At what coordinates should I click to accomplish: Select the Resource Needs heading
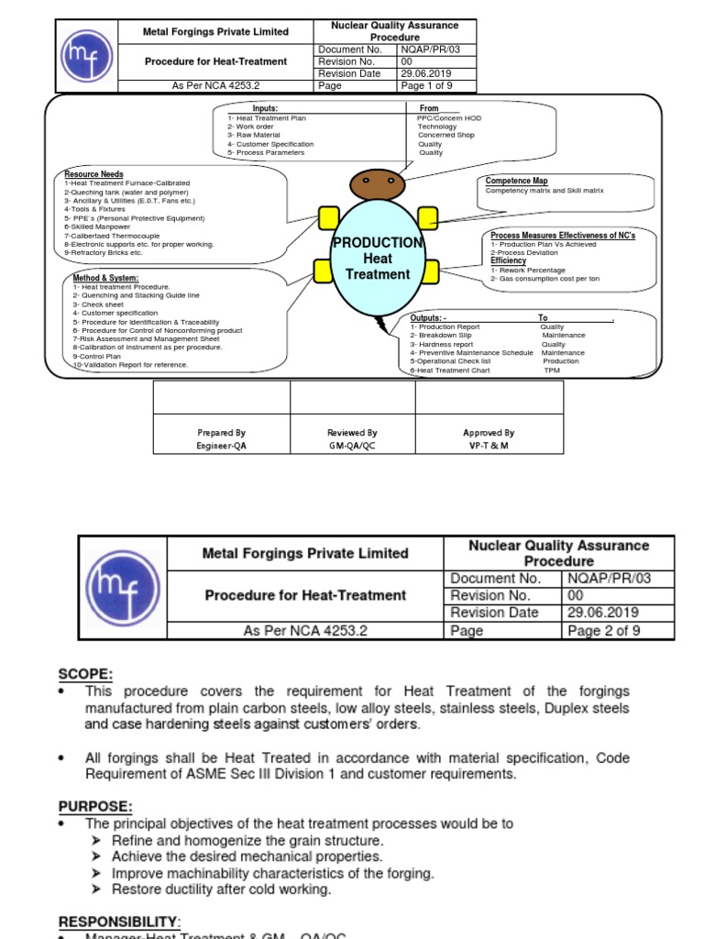pos(93,174)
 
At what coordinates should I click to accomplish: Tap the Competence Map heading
pos(516,182)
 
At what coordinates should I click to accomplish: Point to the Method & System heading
pos(106,278)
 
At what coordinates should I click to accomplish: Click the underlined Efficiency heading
pos(508,261)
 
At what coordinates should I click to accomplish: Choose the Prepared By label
pos(222,433)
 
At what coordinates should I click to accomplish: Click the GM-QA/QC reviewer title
pos(353,445)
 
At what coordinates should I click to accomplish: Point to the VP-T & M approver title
pos(489,445)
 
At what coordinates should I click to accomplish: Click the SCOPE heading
pos(85,674)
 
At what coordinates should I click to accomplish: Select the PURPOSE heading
pos(95,806)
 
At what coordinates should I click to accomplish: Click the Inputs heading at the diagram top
pos(265,108)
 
